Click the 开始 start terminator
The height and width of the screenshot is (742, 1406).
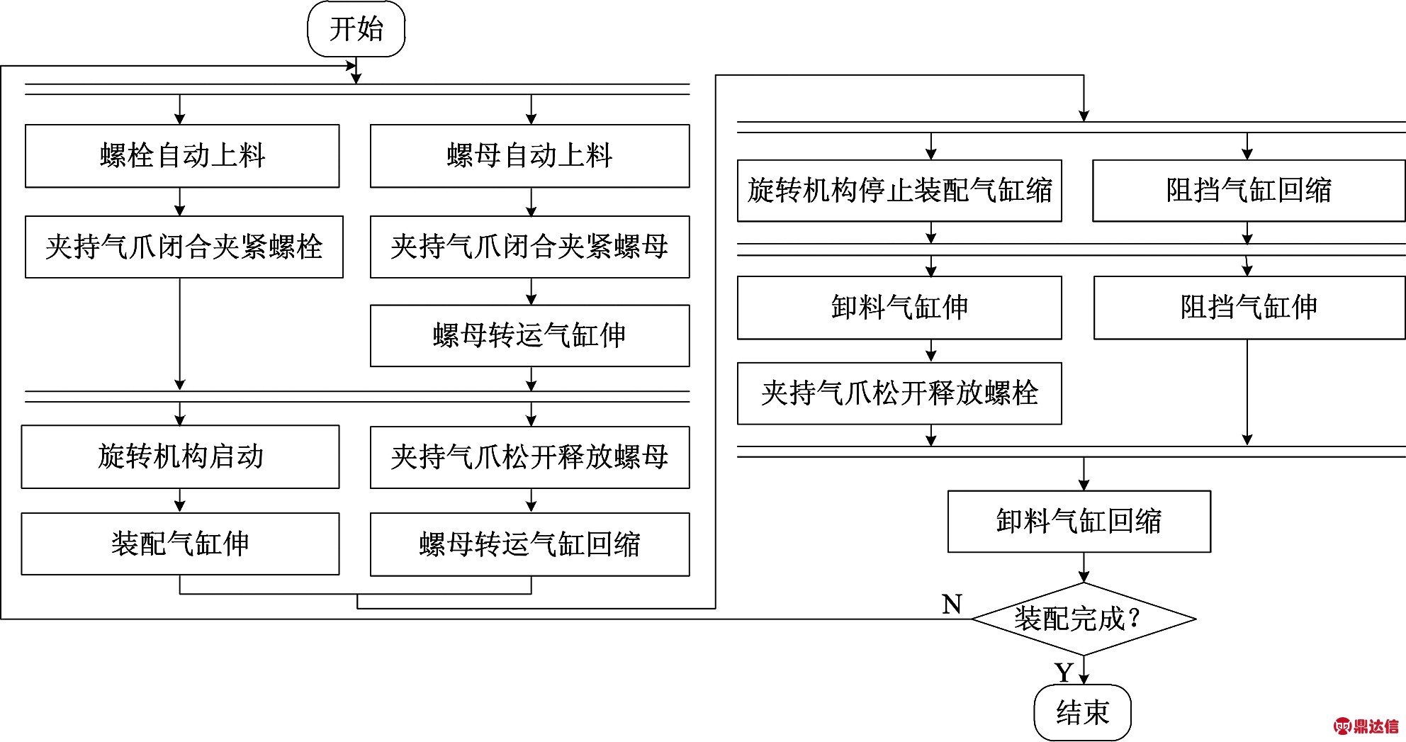(x=356, y=29)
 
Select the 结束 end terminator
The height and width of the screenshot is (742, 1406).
(x=1082, y=712)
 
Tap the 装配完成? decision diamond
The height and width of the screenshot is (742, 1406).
(x=1083, y=619)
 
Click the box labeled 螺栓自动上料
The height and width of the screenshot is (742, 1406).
(x=182, y=156)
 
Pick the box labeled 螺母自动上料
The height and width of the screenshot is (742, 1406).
(x=529, y=156)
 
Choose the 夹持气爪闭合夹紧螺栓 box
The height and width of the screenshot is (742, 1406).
(x=184, y=247)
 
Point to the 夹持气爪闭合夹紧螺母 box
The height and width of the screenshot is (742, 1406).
(x=529, y=247)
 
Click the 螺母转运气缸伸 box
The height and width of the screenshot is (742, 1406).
(x=529, y=335)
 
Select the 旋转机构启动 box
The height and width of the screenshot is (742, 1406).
(x=180, y=456)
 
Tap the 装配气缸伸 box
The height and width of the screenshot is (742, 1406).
(x=180, y=544)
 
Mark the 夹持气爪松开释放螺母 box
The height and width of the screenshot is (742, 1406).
(x=529, y=457)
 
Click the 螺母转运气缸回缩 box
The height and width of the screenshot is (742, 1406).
(x=529, y=544)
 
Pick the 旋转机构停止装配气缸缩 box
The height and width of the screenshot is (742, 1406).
(x=899, y=191)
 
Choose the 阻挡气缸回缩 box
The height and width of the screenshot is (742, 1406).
(x=1249, y=191)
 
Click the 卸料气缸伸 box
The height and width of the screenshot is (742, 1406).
(x=899, y=308)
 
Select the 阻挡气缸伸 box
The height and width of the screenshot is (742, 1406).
(x=1249, y=308)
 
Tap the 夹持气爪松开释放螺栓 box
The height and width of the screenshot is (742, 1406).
(x=899, y=393)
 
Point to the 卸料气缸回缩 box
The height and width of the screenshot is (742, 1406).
(x=1079, y=521)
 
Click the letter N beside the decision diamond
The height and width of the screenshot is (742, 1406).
(x=952, y=605)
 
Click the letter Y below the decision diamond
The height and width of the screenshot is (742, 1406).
(x=1064, y=672)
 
